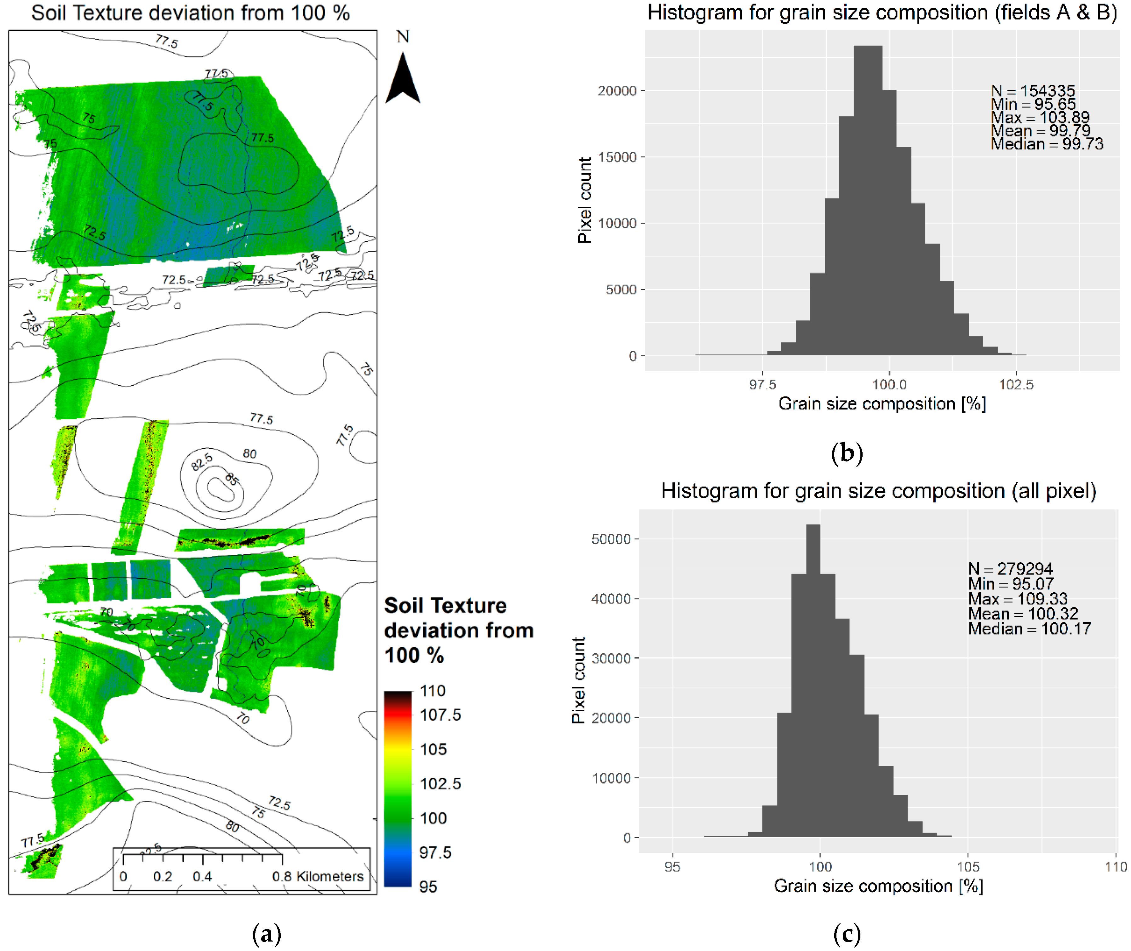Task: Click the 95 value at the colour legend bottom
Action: pos(428,887)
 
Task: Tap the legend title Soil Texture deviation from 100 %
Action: pos(458,630)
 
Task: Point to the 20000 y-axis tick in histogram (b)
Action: pos(617,91)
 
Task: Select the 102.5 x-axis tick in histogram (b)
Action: pos(1016,384)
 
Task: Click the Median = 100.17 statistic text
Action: pos(1029,629)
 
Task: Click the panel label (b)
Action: pos(847,453)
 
